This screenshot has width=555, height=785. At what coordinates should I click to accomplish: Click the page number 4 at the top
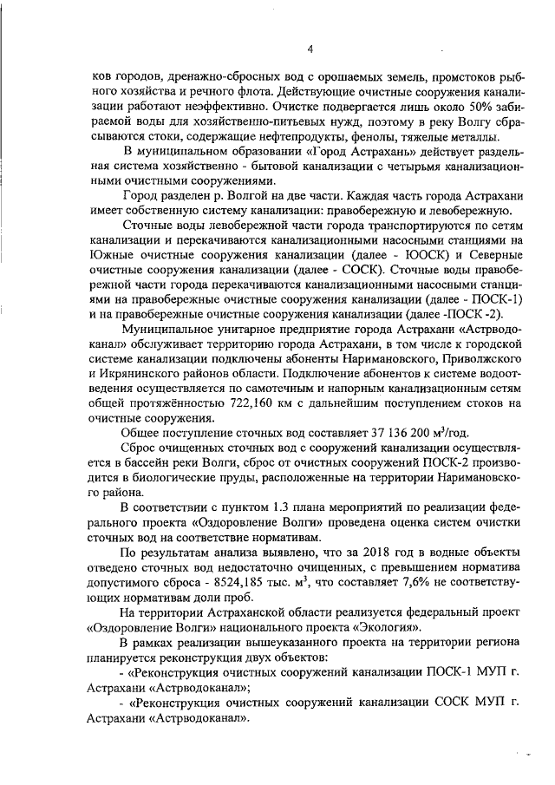coord(310,49)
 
